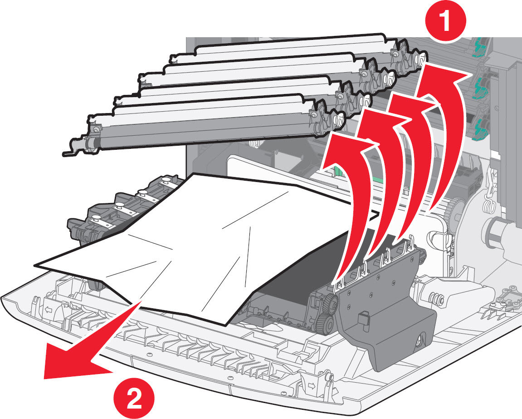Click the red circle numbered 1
point(446,22)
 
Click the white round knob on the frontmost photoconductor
point(338,120)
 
